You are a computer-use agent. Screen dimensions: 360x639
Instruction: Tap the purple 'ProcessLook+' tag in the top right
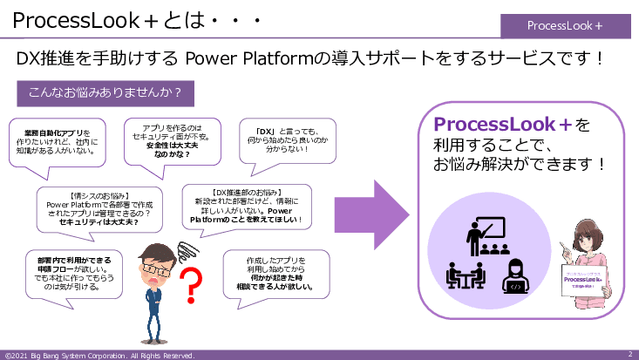565,25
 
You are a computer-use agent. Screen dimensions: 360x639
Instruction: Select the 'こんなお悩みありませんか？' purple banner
105,92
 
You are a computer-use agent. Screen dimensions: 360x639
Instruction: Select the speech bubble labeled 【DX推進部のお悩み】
246,205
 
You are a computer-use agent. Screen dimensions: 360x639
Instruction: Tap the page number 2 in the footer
629,355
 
